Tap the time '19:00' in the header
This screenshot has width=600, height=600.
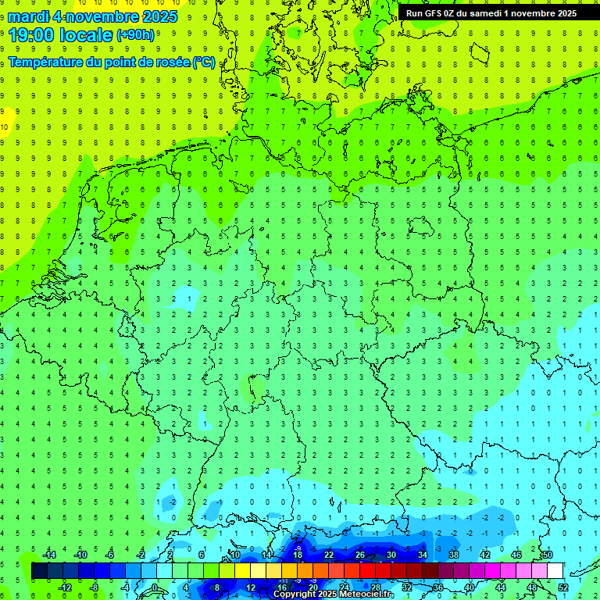pos(31,34)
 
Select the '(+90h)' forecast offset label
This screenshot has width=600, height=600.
pos(135,35)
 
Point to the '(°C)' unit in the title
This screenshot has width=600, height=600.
pos(203,62)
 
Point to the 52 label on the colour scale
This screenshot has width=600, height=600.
pos(564,587)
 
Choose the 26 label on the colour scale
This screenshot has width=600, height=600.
pos(360,555)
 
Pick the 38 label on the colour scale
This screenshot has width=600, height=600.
pos(454,555)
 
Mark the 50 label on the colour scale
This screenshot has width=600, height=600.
pos(548,555)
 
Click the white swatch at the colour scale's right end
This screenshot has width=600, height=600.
pos(555,571)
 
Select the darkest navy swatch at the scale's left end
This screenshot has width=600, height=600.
pos(40,571)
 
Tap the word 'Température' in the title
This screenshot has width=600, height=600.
pos(48,62)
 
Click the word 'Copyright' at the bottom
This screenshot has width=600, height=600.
pos(296,595)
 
